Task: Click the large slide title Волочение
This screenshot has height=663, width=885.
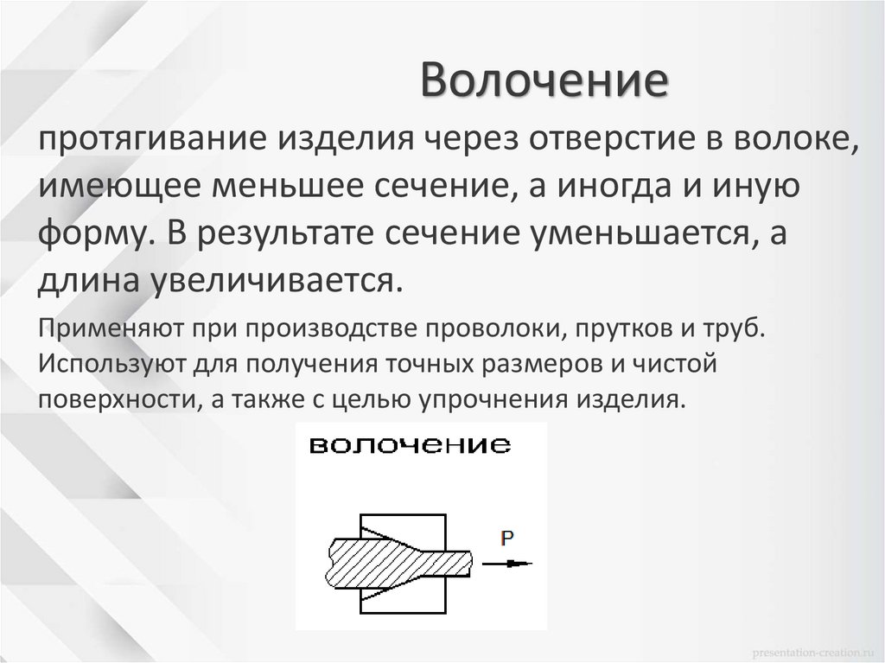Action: [x=545, y=84]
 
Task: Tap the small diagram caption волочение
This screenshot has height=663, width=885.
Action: [x=410, y=446]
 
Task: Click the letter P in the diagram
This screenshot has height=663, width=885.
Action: [x=507, y=539]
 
